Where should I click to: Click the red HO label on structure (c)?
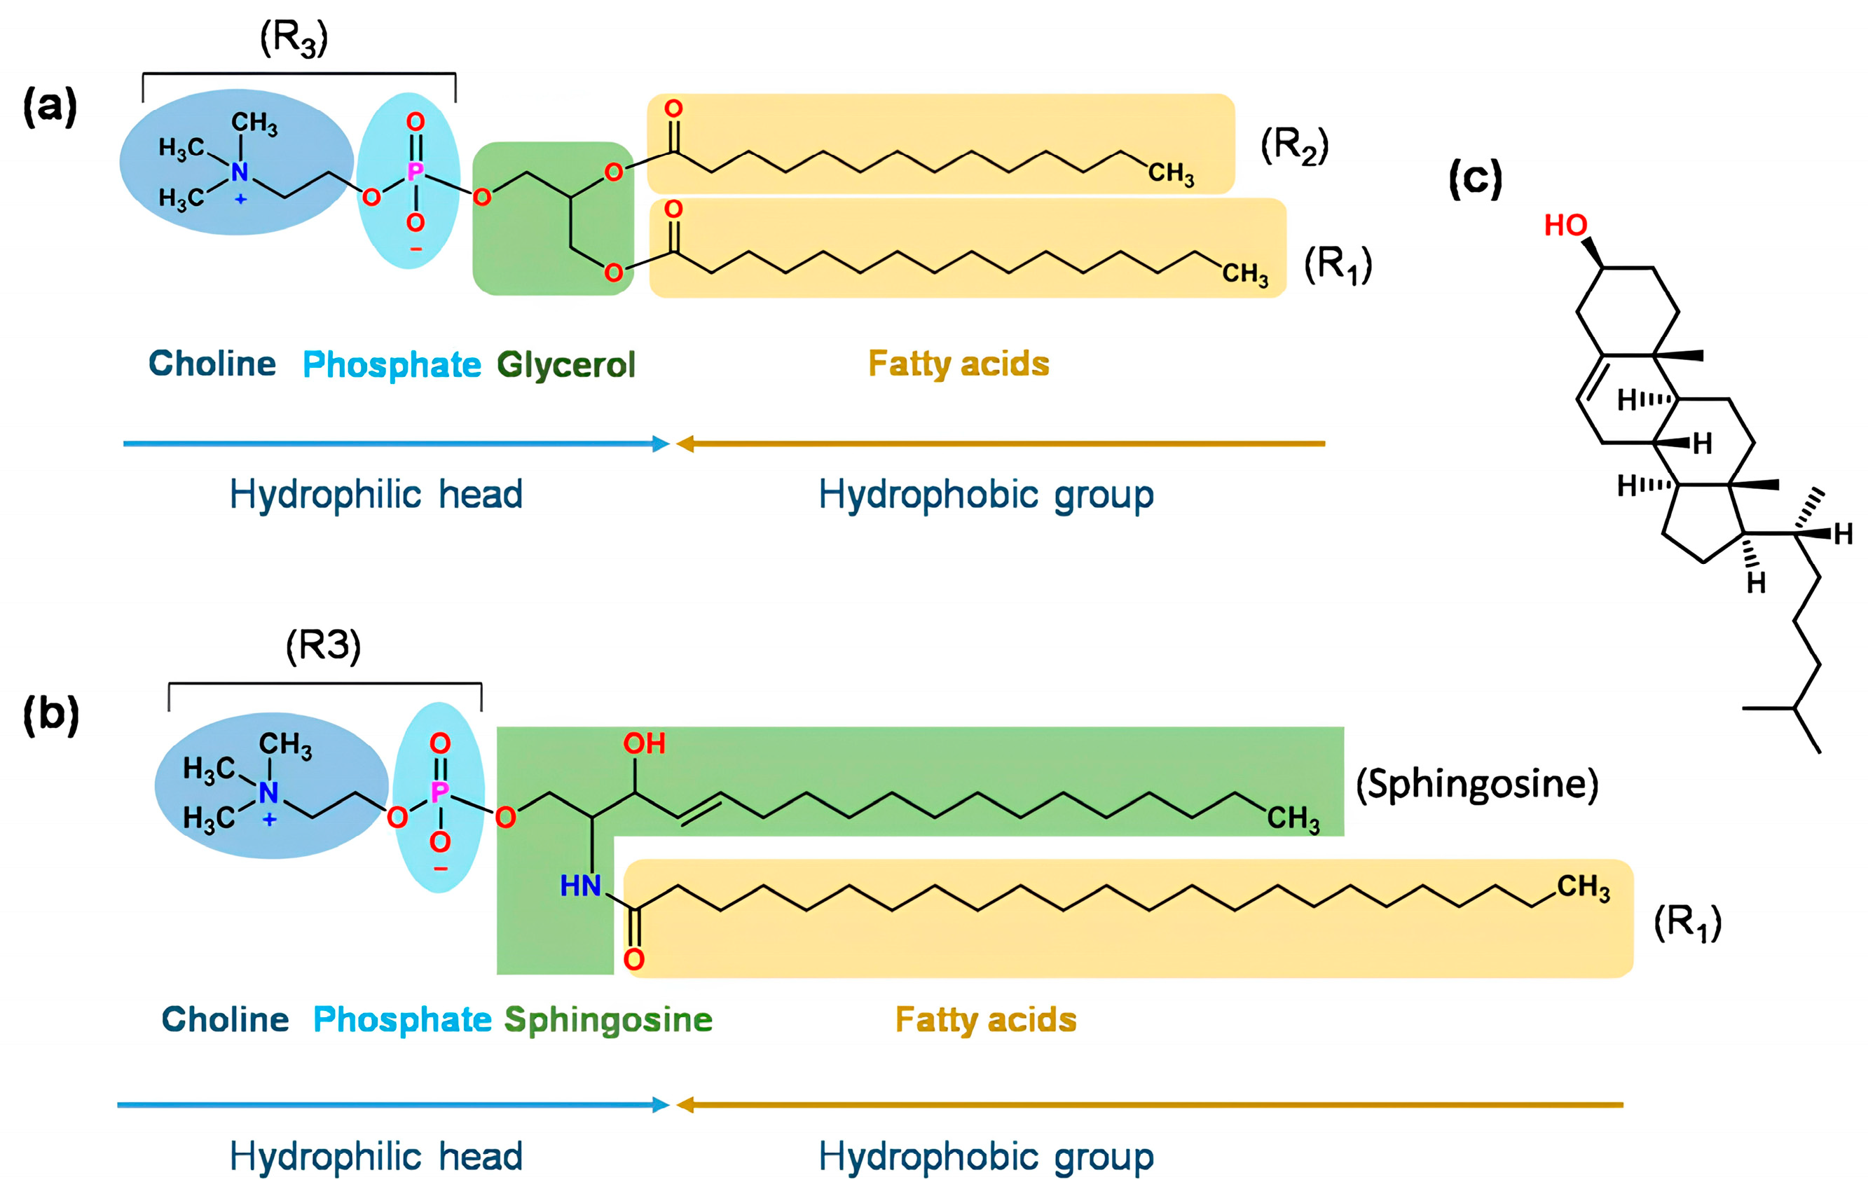pyautogui.click(x=1565, y=226)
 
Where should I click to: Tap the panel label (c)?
pyautogui.click(x=1475, y=179)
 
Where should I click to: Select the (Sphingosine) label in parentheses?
pyautogui.click(x=1476, y=784)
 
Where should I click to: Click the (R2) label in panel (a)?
pyautogui.click(x=1294, y=145)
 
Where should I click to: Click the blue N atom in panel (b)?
pyautogui.click(x=268, y=793)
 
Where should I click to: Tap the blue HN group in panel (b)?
pyautogui.click(x=580, y=886)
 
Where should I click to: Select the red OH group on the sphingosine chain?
pyautogui.click(x=644, y=743)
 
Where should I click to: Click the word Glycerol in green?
pyautogui.click(x=565, y=365)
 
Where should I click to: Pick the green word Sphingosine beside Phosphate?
pyautogui.click(x=607, y=1019)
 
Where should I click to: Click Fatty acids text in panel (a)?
pyautogui.click(x=958, y=364)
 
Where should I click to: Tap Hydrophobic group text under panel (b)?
pyautogui.click(x=986, y=1157)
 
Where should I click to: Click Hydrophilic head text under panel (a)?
pyautogui.click(x=376, y=494)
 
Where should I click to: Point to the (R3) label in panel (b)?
pyautogui.click(x=323, y=645)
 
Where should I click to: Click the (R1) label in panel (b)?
pyautogui.click(x=1687, y=923)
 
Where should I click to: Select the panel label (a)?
pyautogui.click(x=50, y=106)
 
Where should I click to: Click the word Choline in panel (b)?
pyautogui.click(x=225, y=1019)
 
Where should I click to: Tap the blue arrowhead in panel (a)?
pyautogui.click(x=661, y=443)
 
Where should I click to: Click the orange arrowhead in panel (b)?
pyautogui.click(x=684, y=1105)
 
